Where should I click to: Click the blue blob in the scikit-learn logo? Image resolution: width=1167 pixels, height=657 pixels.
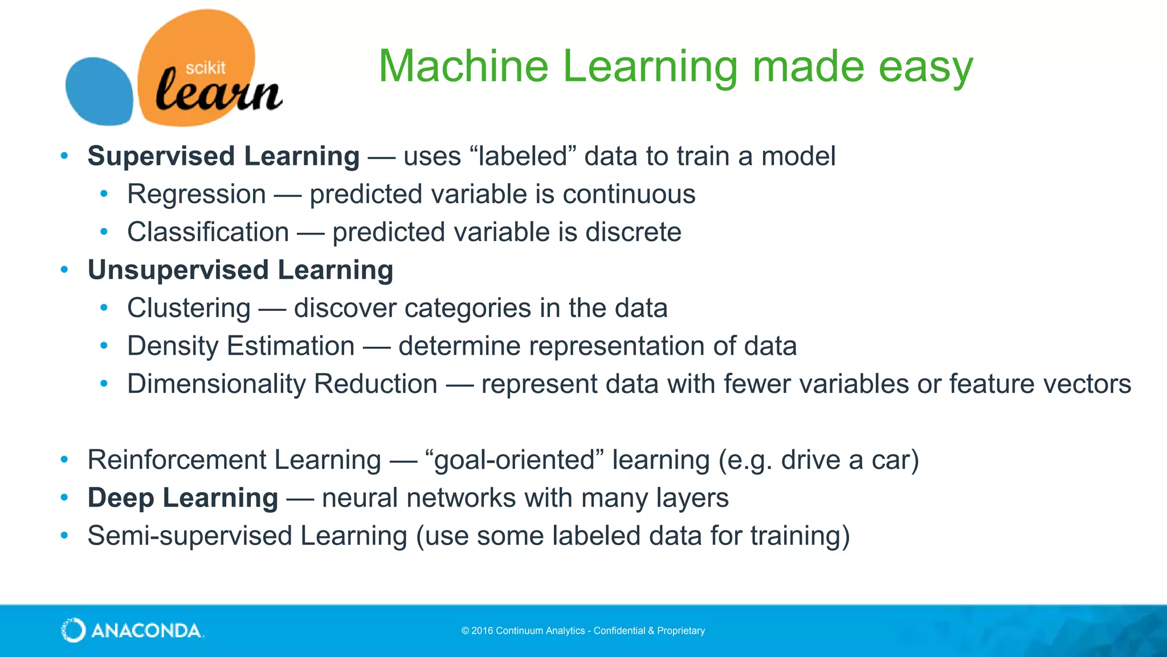[98, 91]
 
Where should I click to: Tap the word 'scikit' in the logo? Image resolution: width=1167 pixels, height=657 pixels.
[205, 68]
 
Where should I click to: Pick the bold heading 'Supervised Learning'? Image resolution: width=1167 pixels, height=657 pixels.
[223, 156]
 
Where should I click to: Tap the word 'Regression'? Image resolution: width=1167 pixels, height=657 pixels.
[197, 194]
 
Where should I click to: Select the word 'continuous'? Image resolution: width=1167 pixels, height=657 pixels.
[629, 194]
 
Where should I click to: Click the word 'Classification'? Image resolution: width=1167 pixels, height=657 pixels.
[208, 232]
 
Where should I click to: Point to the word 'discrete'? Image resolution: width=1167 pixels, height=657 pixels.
[633, 232]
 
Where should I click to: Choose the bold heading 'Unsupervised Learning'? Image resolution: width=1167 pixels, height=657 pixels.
[240, 270]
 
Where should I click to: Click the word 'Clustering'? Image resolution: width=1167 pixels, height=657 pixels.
[189, 309]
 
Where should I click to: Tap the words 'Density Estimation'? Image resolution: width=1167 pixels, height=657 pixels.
[240, 346]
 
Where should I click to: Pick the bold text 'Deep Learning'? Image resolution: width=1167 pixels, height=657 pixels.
[182, 498]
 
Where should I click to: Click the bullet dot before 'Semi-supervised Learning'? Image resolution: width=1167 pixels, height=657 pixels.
[64, 536]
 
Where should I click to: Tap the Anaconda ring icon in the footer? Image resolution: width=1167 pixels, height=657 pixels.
[74, 630]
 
